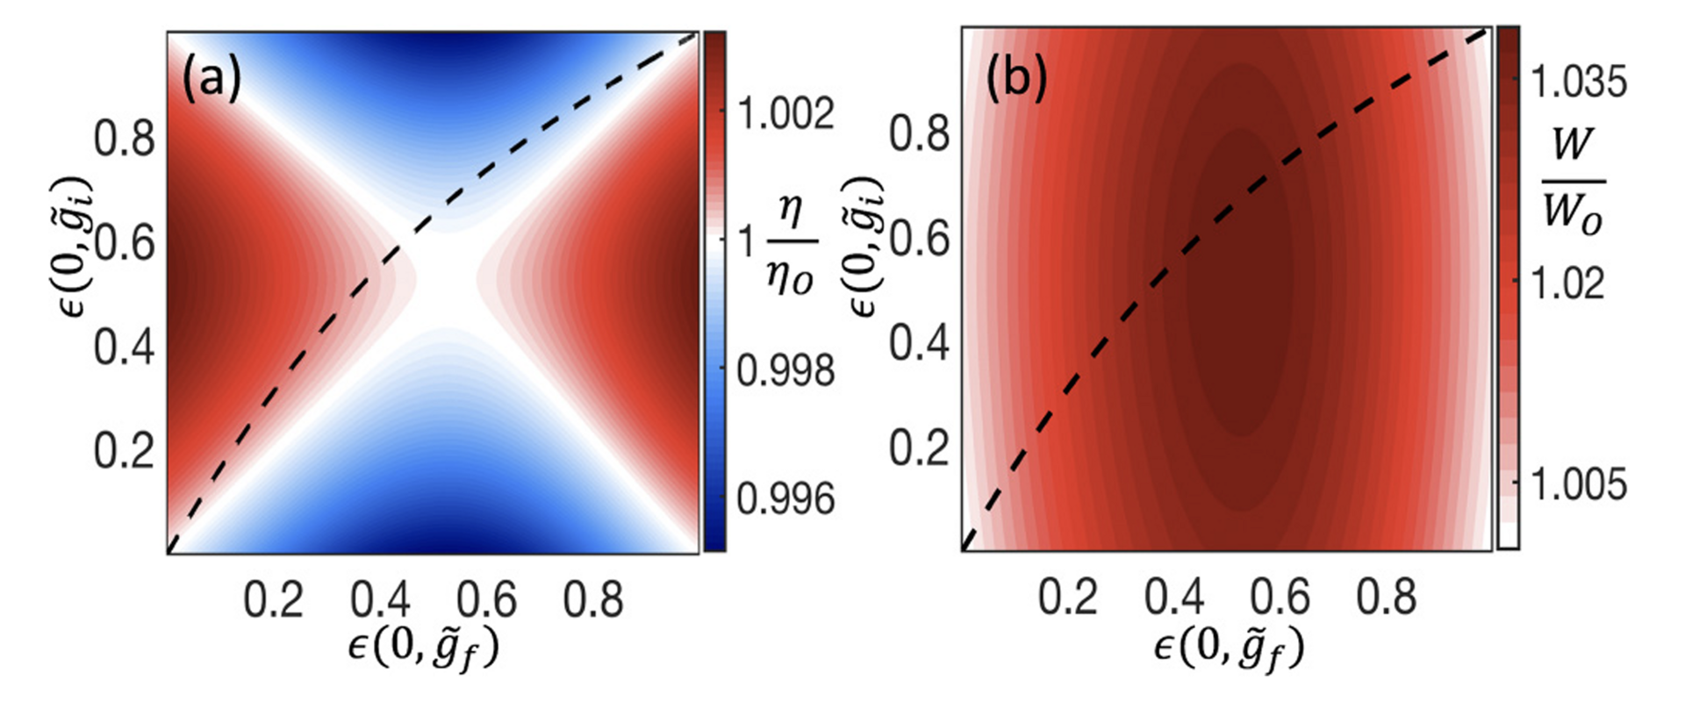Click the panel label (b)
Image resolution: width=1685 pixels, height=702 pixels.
coord(1016,80)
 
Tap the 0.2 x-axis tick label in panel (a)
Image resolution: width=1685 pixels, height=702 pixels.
coord(274,600)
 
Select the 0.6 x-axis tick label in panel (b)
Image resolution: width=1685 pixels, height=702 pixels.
coord(1280,597)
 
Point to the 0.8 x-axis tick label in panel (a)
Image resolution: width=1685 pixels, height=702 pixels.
coord(593,600)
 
